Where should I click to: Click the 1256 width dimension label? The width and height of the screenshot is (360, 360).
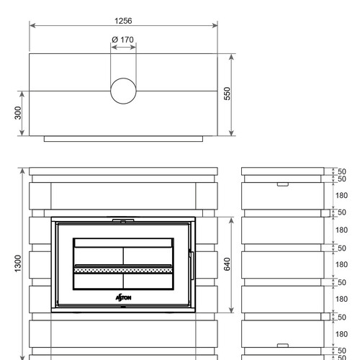123,21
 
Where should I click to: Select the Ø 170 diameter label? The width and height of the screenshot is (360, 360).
122,40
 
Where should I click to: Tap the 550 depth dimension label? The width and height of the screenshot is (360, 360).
227,94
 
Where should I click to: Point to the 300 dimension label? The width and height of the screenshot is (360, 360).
18,113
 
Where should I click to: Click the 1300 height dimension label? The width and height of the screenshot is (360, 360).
18,264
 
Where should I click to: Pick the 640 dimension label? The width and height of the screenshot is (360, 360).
227,264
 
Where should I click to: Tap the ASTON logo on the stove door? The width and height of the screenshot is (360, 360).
123,297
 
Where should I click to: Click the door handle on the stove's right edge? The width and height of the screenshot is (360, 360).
192,266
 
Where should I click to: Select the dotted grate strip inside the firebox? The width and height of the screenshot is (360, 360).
123,271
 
